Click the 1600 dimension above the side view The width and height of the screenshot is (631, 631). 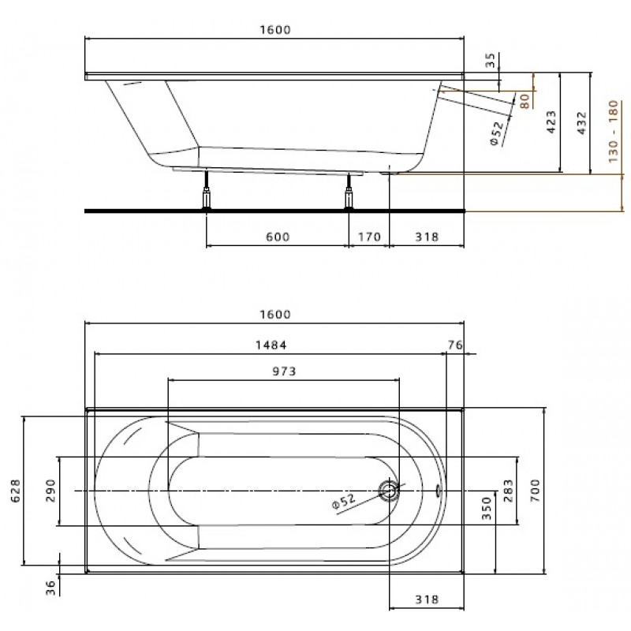(274, 30)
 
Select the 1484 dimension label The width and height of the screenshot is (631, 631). (271, 345)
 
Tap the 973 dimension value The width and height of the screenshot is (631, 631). (284, 371)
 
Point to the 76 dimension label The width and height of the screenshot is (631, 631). (455, 345)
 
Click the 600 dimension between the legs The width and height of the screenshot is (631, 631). (278, 237)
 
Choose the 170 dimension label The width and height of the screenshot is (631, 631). (369, 237)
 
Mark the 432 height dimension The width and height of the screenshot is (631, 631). (582, 123)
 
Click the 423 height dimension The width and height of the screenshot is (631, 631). (551, 122)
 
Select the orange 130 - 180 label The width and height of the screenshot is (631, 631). (613, 132)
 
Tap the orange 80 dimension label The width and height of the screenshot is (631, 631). (525, 101)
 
